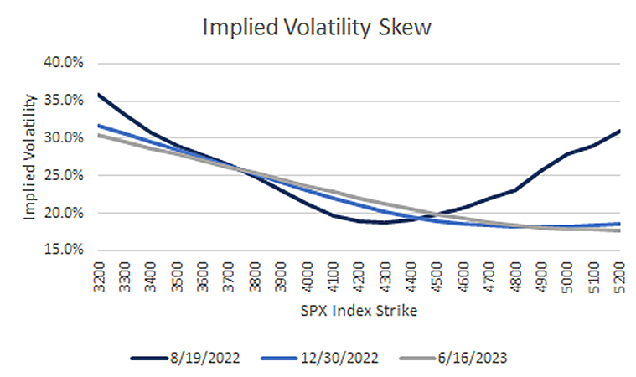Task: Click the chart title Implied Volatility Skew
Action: (x=318, y=27)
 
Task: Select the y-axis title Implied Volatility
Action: (x=30, y=157)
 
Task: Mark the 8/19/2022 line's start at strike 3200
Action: (x=100, y=94)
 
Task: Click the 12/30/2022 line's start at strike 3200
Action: (x=100, y=126)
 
